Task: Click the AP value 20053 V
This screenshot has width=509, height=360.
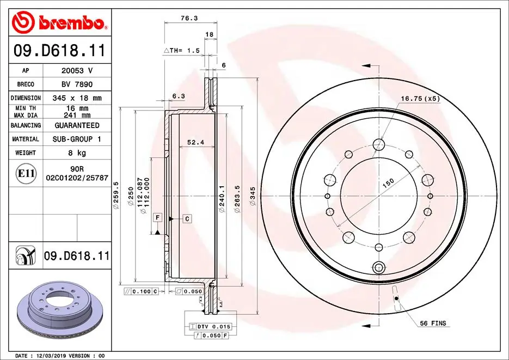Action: pyautogui.click(x=76, y=71)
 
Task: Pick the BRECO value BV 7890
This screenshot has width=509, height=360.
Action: pyautogui.click(x=76, y=84)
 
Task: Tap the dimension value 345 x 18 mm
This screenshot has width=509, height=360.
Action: pyautogui.click(x=76, y=98)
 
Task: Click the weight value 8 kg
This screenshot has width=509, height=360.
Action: pyautogui.click(x=76, y=153)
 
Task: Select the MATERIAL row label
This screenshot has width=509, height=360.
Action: pyautogui.click(x=26, y=139)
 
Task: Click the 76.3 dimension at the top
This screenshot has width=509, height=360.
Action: pyautogui.click(x=189, y=18)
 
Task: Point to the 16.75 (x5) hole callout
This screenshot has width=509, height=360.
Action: pyautogui.click(x=420, y=99)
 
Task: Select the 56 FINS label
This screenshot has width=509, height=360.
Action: pyautogui.click(x=433, y=324)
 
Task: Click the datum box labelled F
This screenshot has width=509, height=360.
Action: pyautogui.click(x=158, y=218)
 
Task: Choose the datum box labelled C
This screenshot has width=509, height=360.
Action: pyautogui.click(x=187, y=218)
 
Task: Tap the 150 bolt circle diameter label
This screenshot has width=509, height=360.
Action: pyautogui.click(x=388, y=183)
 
